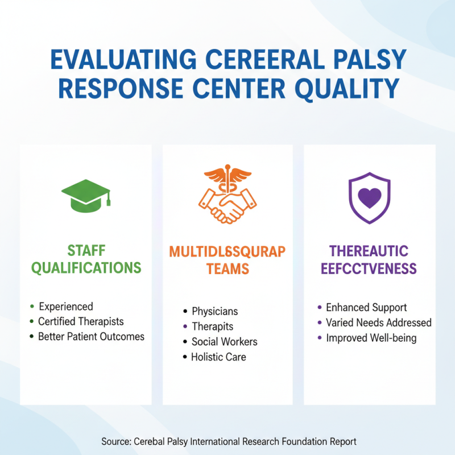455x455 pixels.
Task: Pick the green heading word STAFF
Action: [x=86, y=251]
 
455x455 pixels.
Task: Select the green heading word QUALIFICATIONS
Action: [x=86, y=268]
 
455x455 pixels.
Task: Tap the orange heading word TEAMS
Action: [x=227, y=268]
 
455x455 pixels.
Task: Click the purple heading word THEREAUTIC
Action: [x=369, y=251]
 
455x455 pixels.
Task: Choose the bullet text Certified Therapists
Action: [x=81, y=322]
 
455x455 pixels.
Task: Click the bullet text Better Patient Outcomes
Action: [x=91, y=337]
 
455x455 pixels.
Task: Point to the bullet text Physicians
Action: [x=214, y=312]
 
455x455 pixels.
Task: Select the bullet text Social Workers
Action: [x=224, y=342]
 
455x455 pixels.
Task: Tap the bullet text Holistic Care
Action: [x=219, y=357]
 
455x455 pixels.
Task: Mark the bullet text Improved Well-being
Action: [x=371, y=338]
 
